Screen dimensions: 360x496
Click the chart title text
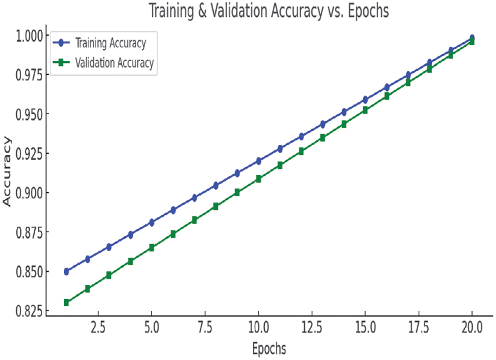[269, 11]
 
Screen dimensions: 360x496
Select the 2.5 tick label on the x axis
[98, 327]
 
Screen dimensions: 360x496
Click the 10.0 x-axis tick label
[259, 327]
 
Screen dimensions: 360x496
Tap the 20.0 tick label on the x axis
[472, 327]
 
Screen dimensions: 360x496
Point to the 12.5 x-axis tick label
[312, 327]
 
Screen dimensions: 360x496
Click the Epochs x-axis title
[269, 349]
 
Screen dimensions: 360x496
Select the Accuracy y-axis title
[7, 171]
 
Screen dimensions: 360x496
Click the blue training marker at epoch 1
[66, 272]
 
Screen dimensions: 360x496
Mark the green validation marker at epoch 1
[66, 302]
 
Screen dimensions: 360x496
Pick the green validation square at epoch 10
[259, 179]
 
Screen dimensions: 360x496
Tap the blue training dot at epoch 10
[259, 161]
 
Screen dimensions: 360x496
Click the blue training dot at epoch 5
[152, 223]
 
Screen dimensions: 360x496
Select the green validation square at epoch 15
[365, 110]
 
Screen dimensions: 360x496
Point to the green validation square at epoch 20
[472, 42]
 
